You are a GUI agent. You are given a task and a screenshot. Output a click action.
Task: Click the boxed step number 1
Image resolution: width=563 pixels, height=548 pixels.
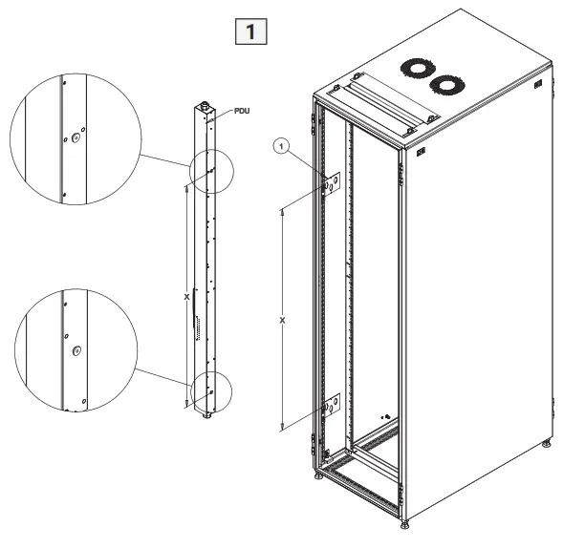[x=250, y=32]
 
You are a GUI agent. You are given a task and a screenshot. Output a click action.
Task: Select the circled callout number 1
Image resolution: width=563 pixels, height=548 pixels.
[x=280, y=146]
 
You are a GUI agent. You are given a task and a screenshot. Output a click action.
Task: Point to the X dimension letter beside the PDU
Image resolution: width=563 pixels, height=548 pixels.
[x=185, y=297]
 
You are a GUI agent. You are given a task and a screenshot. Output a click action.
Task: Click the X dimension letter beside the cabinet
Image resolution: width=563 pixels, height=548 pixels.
[x=282, y=320]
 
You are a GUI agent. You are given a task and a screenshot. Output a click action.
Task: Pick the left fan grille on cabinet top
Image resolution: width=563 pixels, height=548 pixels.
[x=416, y=69]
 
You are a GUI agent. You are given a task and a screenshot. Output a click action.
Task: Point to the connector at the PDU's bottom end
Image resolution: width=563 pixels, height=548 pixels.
[x=206, y=416]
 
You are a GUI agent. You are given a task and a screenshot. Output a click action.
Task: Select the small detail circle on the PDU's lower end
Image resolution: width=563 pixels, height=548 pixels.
[x=210, y=391]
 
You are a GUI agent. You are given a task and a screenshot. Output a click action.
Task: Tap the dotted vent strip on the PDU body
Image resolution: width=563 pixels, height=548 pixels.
[x=199, y=329]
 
